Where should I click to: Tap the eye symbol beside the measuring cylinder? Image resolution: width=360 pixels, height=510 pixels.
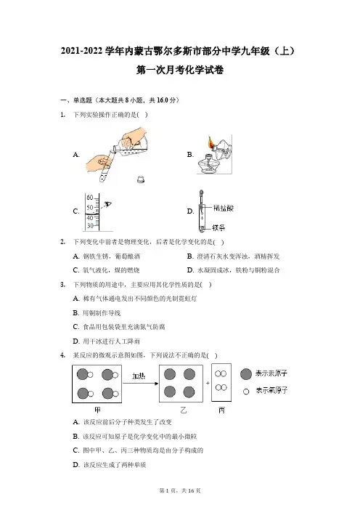(107, 205)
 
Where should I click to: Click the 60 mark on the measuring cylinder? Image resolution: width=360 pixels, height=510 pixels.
(90, 198)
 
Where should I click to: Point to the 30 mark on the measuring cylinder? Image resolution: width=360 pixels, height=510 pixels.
(90, 226)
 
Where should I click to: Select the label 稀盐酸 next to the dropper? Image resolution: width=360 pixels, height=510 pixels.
(224, 209)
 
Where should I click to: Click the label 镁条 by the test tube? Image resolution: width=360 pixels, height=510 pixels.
(218, 227)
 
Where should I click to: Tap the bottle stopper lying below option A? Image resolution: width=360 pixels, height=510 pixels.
(141, 179)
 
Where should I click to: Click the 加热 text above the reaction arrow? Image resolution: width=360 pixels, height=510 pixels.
(139, 376)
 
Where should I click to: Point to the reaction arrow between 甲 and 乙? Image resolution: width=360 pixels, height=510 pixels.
(140, 384)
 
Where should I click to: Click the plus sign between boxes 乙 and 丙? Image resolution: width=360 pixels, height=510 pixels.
(208, 383)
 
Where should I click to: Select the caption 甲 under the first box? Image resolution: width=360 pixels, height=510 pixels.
(97, 410)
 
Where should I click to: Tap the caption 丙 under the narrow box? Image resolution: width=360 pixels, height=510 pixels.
(221, 410)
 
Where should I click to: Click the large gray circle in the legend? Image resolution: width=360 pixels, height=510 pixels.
(246, 374)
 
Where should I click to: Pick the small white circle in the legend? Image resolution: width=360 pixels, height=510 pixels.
(246, 392)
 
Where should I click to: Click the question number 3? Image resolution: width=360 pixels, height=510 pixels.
(62, 285)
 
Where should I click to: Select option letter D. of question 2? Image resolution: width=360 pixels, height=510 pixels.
(190, 270)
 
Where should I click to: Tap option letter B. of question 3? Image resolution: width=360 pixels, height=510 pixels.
(76, 313)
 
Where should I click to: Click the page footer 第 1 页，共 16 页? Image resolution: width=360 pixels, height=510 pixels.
(180, 490)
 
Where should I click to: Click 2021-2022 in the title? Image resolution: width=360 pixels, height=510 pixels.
(82, 51)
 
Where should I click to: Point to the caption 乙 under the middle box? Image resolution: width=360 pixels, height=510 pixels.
(183, 410)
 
